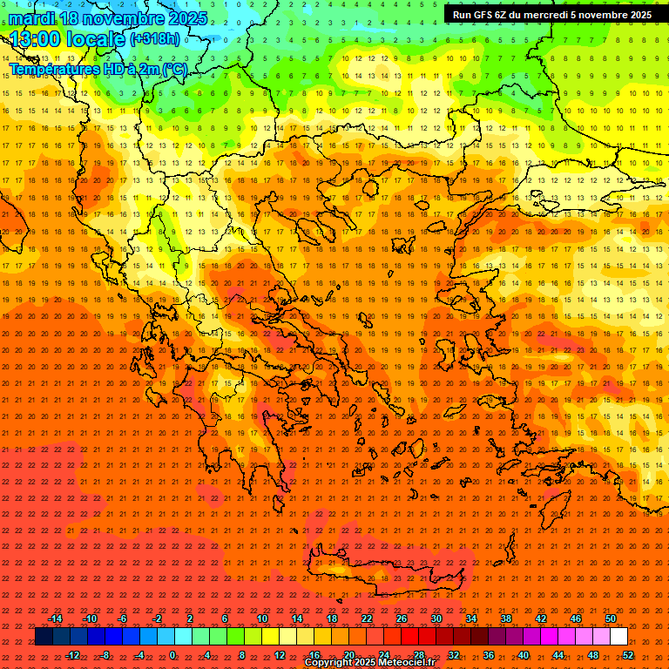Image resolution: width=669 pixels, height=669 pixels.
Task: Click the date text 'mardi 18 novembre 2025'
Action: [108, 18]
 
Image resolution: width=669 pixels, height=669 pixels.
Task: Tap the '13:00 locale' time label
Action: [66, 39]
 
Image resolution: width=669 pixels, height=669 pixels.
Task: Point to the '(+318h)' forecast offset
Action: [155, 39]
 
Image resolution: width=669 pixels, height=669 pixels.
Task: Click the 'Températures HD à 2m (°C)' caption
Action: [98, 68]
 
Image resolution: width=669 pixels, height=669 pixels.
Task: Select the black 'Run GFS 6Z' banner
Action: [551, 15]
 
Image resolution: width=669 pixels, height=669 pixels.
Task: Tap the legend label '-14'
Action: [55, 618]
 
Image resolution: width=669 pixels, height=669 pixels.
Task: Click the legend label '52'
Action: [628, 655]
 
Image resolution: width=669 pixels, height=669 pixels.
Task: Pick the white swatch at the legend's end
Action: [618, 637]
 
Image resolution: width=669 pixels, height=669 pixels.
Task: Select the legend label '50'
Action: [611, 618]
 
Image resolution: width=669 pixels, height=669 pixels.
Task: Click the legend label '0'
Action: [172, 655]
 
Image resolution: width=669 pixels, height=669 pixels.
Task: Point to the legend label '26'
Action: [402, 618]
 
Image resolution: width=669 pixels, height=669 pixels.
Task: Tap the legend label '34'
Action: [471, 618]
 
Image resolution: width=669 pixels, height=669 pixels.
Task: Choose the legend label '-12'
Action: [72, 655]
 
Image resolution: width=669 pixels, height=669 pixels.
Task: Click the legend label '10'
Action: [262, 618]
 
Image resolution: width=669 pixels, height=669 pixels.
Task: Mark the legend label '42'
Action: [541, 618]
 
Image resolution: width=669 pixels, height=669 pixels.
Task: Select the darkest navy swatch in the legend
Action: [44, 637]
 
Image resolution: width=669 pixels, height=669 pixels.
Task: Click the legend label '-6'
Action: [123, 618]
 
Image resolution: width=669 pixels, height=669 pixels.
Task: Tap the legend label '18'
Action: [332, 618]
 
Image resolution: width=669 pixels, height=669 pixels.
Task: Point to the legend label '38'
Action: [506, 618]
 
